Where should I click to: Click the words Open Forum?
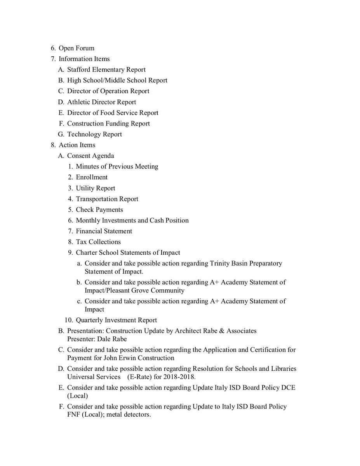click(x=76, y=48)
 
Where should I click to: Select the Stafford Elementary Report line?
click(x=106, y=70)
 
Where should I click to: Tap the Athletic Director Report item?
click(x=101, y=102)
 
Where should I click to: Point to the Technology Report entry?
click(x=94, y=134)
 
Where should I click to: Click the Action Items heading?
click(x=77, y=145)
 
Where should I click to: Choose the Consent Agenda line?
click(x=90, y=156)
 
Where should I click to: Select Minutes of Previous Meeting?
click(x=117, y=167)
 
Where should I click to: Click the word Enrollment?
click(x=92, y=177)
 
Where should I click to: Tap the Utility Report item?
click(x=96, y=188)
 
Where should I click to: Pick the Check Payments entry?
click(x=99, y=210)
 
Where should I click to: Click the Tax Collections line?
click(x=98, y=242)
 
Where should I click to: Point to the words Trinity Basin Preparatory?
click(x=246, y=263)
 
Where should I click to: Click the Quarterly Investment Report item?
click(x=116, y=320)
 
